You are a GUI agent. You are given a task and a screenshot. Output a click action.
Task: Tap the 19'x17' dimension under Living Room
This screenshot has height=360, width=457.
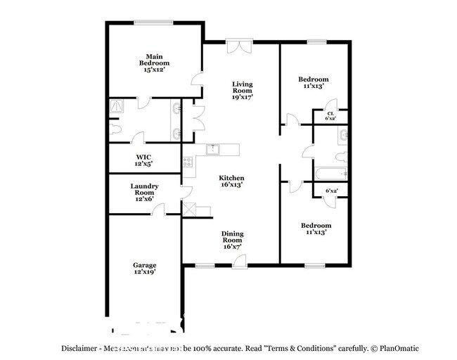(x=243, y=97)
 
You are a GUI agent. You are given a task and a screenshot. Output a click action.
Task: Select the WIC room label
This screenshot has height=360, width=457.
(x=143, y=157)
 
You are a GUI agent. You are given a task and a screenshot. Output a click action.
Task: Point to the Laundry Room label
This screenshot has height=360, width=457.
(x=144, y=188)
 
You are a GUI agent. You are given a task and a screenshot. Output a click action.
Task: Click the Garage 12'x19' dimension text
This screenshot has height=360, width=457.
(x=144, y=271)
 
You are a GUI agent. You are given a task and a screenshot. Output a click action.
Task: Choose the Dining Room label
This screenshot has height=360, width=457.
(x=233, y=236)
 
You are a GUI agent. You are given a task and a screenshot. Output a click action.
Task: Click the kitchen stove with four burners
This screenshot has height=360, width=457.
(x=188, y=162)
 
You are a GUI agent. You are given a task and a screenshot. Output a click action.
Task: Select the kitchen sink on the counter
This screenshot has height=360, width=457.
(x=214, y=149)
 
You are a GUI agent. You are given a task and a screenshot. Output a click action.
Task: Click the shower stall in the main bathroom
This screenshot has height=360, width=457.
(x=116, y=107)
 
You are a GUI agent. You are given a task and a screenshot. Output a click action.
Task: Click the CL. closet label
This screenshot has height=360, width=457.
(x=330, y=113)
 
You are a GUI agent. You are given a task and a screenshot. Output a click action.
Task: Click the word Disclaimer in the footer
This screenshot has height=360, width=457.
(x=78, y=348)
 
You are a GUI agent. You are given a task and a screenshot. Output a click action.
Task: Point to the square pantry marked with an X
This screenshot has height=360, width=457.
(x=189, y=210)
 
